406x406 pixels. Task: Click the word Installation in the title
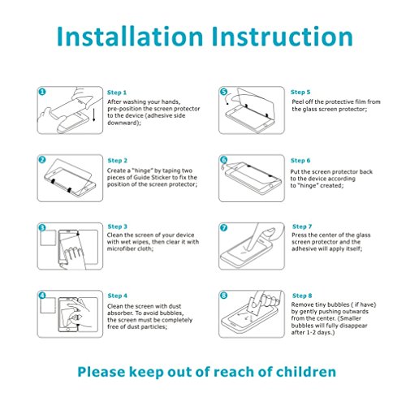tap(130, 37)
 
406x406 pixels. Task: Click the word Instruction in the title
tap(283, 37)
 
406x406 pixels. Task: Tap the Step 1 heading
tap(117, 93)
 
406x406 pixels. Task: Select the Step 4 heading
tap(117, 296)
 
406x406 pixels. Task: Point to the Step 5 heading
tap(300, 93)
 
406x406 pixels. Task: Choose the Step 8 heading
tap(302, 296)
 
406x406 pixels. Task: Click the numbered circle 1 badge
tap(42, 92)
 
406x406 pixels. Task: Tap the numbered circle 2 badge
tap(42, 160)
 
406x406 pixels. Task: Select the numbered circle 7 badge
tap(223, 227)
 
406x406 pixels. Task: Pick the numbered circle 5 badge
tap(223, 92)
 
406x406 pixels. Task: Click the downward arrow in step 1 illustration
tap(94, 114)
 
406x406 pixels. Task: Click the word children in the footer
tap(306, 372)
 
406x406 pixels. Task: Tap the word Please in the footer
tap(101, 372)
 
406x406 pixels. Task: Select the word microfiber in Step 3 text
tap(120, 248)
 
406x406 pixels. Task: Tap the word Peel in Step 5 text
tap(298, 102)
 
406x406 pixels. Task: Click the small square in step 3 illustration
tap(48, 238)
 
